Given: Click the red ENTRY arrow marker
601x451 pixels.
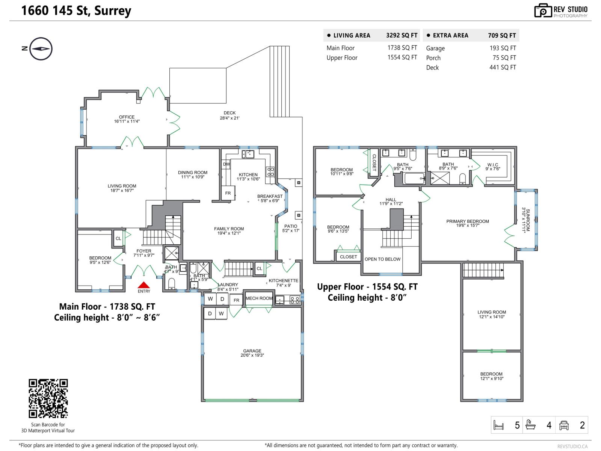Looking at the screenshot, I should coord(144,285).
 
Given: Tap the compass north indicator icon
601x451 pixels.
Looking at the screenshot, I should coord(41,49).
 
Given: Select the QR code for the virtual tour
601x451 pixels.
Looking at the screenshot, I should coord(48,398).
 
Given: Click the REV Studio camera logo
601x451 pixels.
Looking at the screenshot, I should coord(543,11).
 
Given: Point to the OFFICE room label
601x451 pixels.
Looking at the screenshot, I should coord(127,119).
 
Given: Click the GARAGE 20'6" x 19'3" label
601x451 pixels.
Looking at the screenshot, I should coord(252,353).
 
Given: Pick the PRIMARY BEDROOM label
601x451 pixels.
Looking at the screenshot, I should coord(468,223).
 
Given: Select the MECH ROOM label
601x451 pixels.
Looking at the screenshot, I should coord(259,298).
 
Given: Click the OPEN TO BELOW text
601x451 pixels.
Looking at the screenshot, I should coord(382,259).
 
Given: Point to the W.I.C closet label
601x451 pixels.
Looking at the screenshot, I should coord(492,166).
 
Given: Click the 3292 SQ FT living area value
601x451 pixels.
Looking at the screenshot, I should coord(402,35).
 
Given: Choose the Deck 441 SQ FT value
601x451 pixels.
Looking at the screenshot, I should coord(503,67).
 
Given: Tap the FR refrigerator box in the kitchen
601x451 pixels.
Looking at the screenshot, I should coord(228,193).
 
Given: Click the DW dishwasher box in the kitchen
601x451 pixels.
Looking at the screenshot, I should coord(226,164).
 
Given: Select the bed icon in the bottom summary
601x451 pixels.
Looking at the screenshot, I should coord(498,425).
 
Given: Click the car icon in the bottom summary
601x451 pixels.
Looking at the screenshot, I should coord(564,425).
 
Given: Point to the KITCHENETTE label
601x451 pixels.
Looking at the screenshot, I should coord(283,283).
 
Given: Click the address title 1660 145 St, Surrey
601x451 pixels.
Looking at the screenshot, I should coord(76,11).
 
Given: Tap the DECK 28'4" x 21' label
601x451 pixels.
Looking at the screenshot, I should coord(230,115).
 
